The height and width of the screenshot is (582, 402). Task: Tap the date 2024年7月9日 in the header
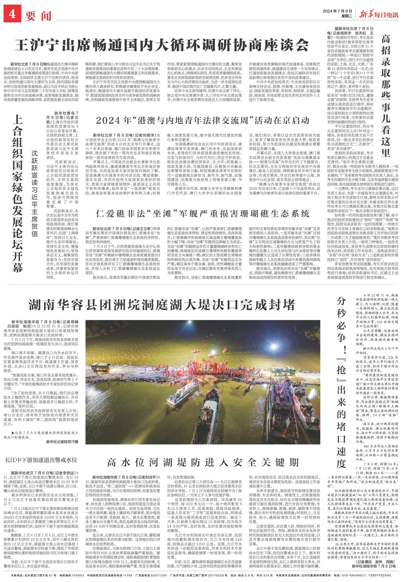coord(337,11)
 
